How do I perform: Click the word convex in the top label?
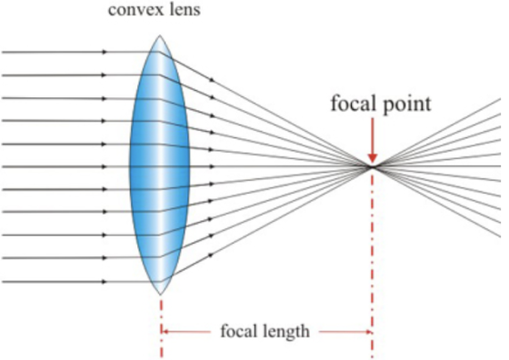click(x=132, y=10)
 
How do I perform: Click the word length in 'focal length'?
click(x=287, y=332)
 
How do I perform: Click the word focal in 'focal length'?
click(x=240, y=331)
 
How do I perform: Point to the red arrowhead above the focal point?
click(x=373, y=158)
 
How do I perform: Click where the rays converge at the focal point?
click(x=373, y=167)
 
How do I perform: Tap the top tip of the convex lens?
click(x=159, y=35)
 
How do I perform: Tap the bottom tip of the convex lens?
click(x=160, y=295)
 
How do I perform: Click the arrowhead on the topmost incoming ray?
click(x=105, y=52)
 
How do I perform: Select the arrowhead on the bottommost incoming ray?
click(x=105, y=282)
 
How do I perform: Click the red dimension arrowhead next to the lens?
click(x=165, y=332)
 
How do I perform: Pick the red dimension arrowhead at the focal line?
click(x=369, y=332)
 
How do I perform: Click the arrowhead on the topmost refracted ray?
click(x=212, y=79)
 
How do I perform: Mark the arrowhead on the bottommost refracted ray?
click(x=211, y=255)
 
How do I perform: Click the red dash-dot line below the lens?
click(x=162, y=328)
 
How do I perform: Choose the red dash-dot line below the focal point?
click(x=373, y=264)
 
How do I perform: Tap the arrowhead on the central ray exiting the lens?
click(x=213, y=167)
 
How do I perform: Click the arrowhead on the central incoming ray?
click(x=105, y=167)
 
